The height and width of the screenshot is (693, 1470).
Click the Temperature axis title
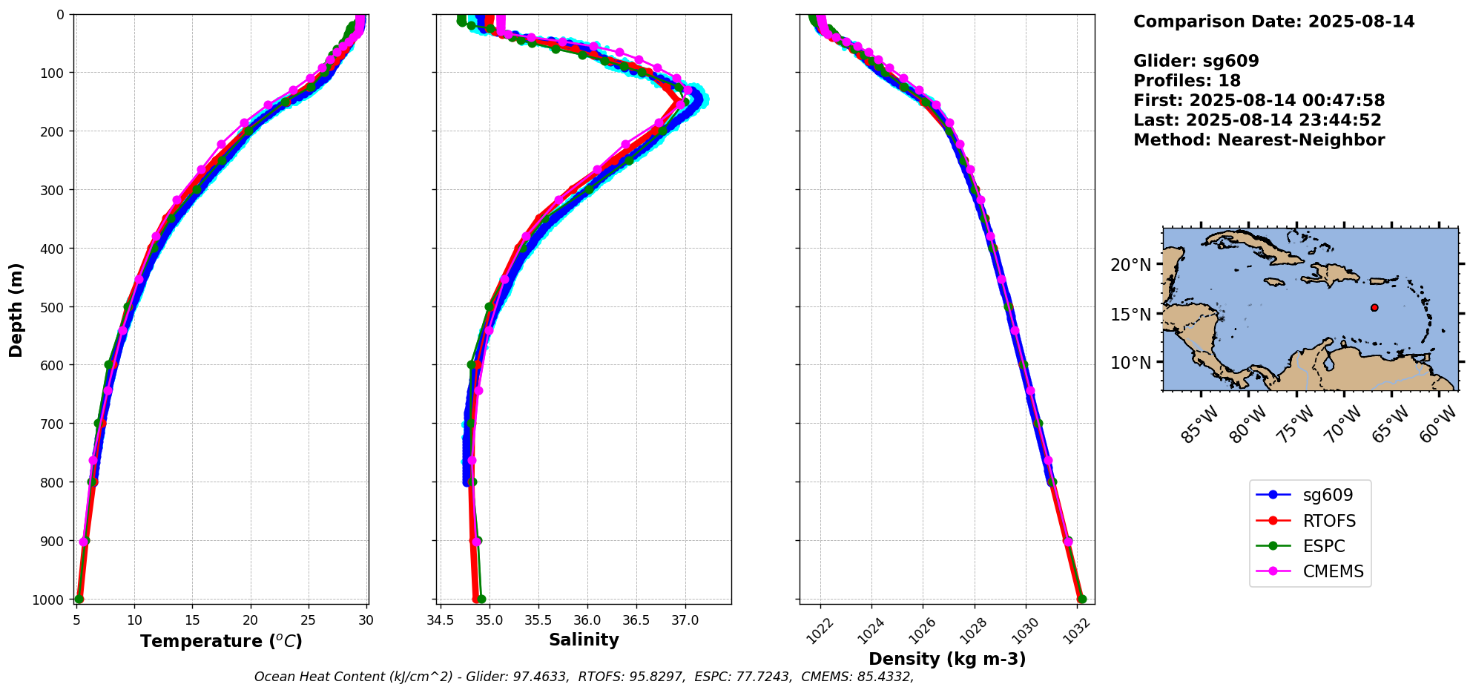point(221,641)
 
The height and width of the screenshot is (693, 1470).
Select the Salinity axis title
point(584,640)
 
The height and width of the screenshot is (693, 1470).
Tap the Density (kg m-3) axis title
point(947,659)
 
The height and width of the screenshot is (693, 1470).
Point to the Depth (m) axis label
point(16,309)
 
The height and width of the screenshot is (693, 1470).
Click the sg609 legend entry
point(1327,495)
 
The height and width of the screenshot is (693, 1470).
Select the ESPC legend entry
point(1323,546)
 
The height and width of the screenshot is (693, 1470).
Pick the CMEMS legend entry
point(1333,571)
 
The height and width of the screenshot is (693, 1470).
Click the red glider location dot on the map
point(1374,307)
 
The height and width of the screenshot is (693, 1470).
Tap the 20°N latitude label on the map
point(1130,265)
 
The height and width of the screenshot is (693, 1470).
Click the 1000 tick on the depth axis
point(51,600)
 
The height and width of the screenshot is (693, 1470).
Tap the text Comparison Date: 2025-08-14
point(1273,22)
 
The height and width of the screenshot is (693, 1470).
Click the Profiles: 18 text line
point(1187,81)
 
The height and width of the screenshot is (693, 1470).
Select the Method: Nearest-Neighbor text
point(1259,140)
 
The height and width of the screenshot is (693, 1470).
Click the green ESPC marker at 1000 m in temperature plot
point(79,599)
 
